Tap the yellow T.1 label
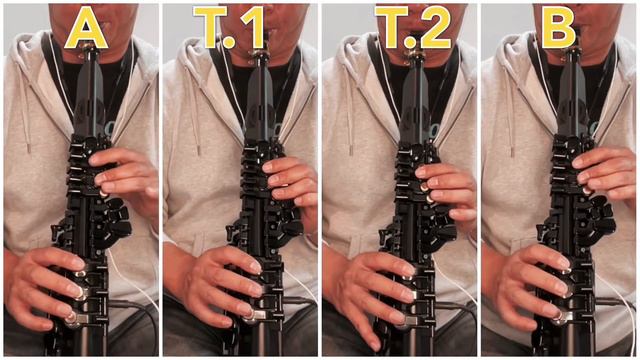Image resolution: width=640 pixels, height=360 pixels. (229, 27)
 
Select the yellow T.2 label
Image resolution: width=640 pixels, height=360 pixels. (412, 27)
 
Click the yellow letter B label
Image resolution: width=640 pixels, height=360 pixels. (559, 27)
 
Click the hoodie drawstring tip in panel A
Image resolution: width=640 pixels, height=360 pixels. (29, 148)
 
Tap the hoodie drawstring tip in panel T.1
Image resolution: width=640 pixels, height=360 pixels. (198, 150)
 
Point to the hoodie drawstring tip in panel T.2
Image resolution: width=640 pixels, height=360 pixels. (351, 150)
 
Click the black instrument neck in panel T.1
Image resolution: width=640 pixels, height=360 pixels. (258, 102)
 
